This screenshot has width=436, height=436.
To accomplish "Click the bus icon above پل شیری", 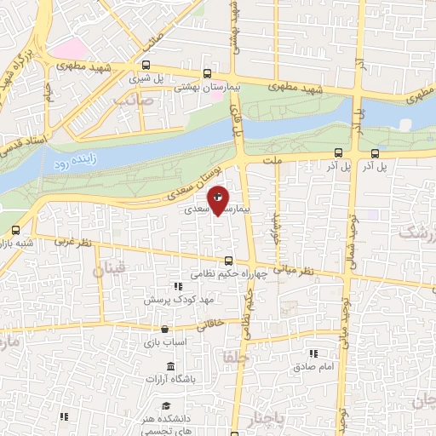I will [x=146, y=65].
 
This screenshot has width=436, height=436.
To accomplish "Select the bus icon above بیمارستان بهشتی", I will [x=208, y=74].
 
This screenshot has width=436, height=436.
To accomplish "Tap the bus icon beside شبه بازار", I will [x=16, y=230].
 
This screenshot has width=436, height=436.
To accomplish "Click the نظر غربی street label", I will [x=72, y=241].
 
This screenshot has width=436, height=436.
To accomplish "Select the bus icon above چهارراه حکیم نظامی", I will [x=227, y=261].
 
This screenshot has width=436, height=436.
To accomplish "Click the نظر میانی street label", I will [x=300, y=271].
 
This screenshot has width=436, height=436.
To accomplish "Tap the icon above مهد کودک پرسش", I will [x=177, y=287].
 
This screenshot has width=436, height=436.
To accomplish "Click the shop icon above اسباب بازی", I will [x=163, y=329].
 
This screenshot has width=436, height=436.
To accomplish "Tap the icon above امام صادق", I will [x=313, y=353].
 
